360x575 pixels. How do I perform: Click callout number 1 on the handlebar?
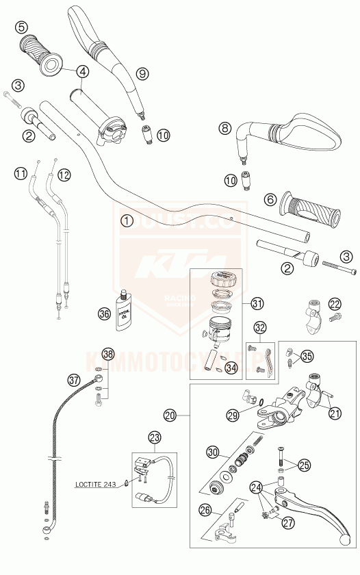click(126, 220)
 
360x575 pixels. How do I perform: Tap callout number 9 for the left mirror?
click(142, 73)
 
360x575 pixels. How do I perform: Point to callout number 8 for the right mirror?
click(226, 127)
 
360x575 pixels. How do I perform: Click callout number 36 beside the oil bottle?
click(104, 314)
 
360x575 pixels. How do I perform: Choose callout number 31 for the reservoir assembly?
click(257, 303)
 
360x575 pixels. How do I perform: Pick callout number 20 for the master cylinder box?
click(170, 416)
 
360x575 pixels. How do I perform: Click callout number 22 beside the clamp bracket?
click(334, 304)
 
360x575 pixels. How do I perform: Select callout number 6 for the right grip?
click(270, 199)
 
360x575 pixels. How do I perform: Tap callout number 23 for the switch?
click(154, 437)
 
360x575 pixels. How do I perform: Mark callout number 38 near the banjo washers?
click(108, 354)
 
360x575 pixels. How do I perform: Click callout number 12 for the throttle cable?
click(64, 175)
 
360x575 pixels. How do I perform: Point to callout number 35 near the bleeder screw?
click(307, 355)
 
